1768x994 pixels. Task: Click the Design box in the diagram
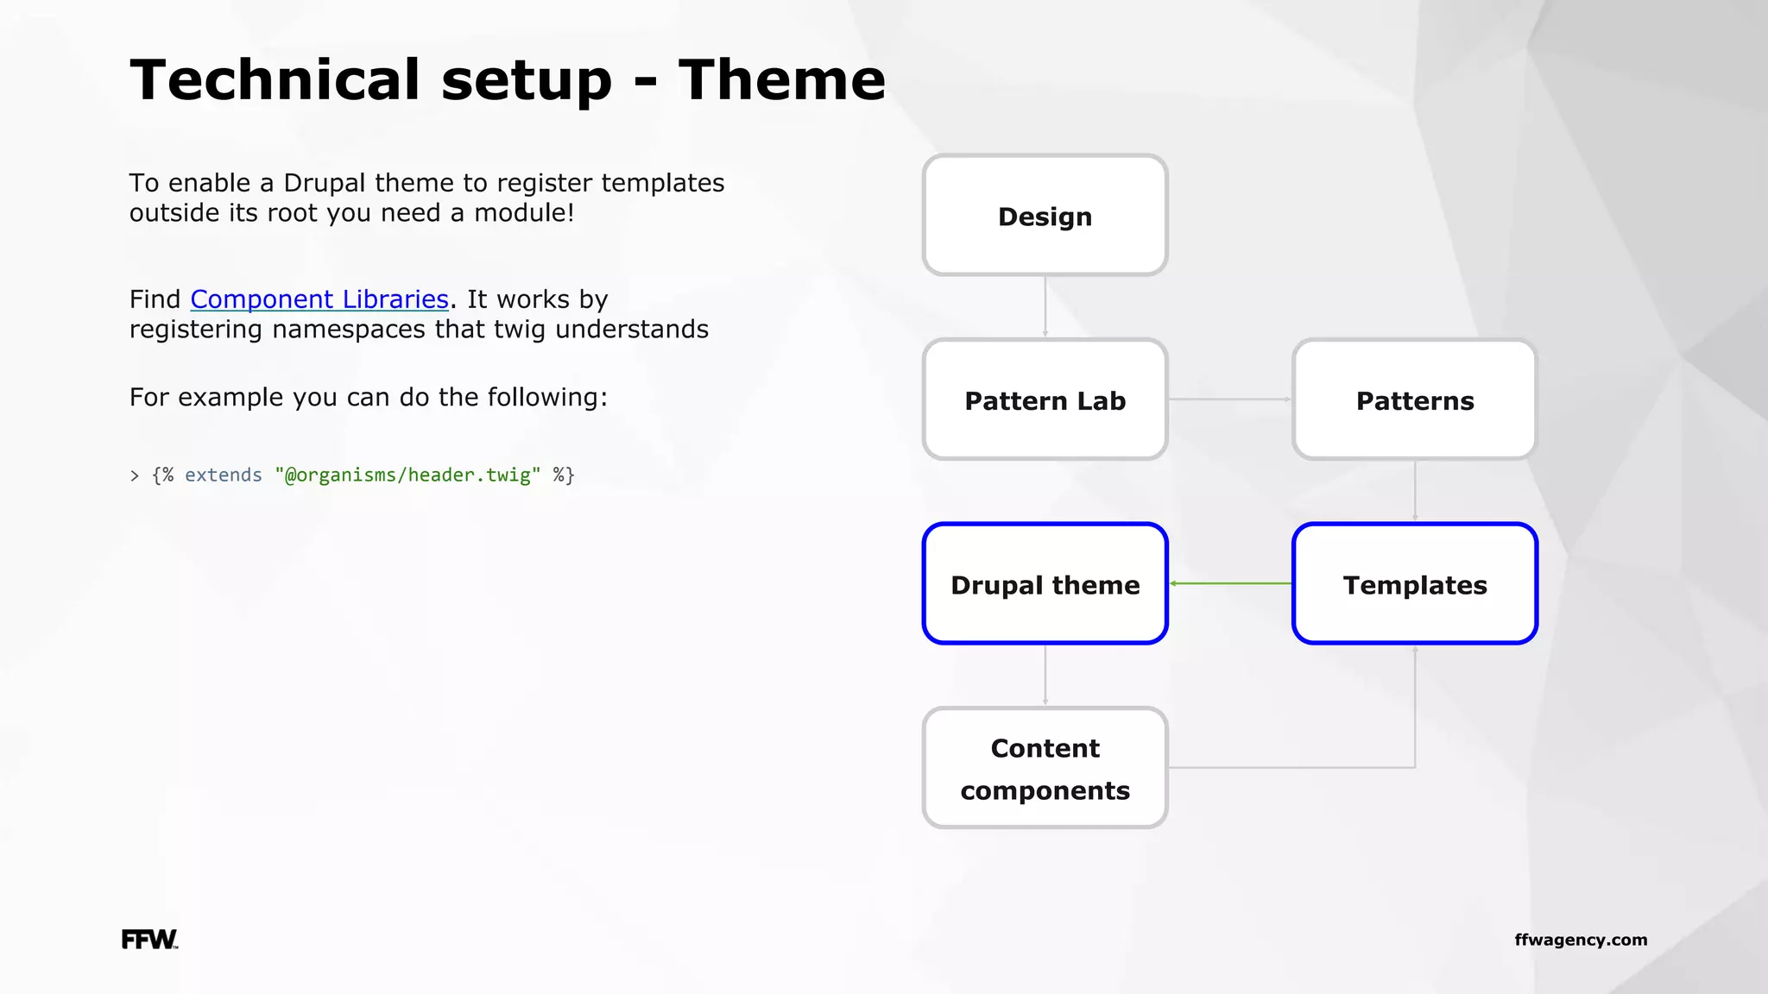coord(1045,216)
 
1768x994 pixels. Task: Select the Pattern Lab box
coord(1045,399)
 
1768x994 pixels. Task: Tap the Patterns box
coord(1414,399)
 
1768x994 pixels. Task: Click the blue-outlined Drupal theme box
coord(1045,584)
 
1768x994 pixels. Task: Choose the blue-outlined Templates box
coord(1414,584)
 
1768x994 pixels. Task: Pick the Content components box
coord(1045,768)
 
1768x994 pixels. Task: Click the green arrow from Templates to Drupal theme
coord(1230,583)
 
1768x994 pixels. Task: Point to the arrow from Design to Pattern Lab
coord(1045,306)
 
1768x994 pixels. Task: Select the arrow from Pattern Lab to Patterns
coord(1229,399)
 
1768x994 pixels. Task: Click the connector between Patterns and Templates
coord(1415,490)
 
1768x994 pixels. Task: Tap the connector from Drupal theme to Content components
coord(1045,675)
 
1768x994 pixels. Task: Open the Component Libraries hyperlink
coord(319,299)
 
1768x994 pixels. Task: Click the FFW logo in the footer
coord(148,940)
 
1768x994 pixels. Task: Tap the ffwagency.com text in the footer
coord(1581,940)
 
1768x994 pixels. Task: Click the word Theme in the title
coord(781,80)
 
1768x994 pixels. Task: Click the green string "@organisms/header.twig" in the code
coord(407,475)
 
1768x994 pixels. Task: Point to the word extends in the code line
coord(223,475)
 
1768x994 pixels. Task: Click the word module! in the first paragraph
coord(524,213)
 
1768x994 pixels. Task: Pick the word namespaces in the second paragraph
coord(349,330)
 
